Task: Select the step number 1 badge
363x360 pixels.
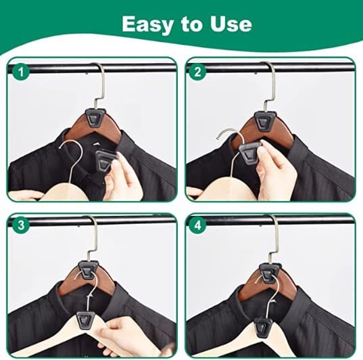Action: (21, 72)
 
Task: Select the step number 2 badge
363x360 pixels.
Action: (197, 72)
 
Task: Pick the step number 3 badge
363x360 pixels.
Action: (21, 225)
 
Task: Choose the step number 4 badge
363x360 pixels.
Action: (197, 225)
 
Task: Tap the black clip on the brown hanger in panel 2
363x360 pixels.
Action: (266, 120)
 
